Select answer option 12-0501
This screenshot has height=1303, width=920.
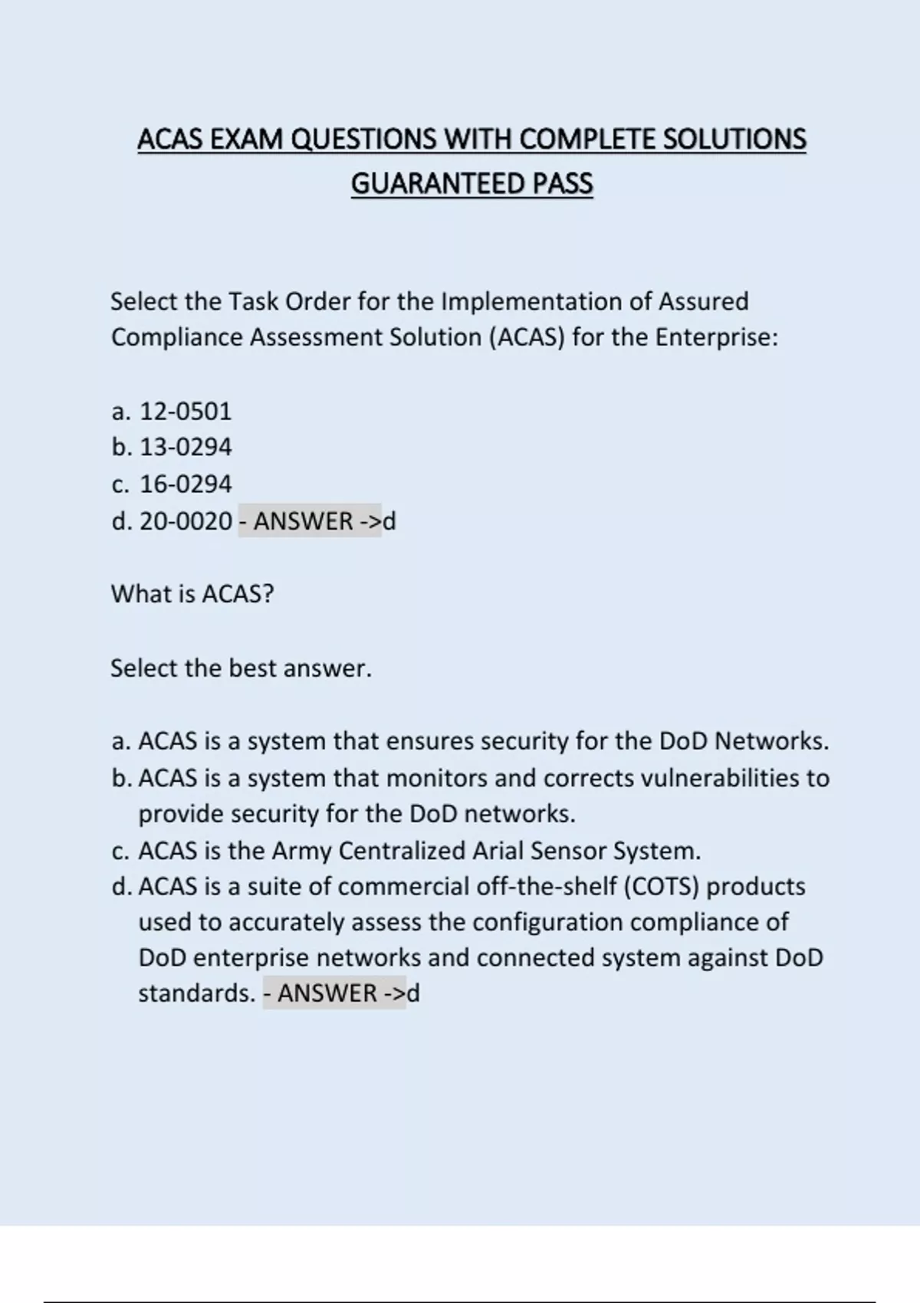(185, 412)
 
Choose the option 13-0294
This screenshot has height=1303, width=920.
(185, 447)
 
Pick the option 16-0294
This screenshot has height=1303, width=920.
(185, 484)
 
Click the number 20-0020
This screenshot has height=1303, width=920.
(185, 521)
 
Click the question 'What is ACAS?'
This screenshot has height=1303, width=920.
(192, 594)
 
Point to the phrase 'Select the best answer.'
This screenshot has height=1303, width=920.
(241, 668)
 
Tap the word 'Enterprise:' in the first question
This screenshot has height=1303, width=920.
(716, 337)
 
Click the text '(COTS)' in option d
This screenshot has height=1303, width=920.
(661, 887)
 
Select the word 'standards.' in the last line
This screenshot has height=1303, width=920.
(196, 993)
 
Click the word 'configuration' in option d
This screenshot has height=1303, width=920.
(547, 922)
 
